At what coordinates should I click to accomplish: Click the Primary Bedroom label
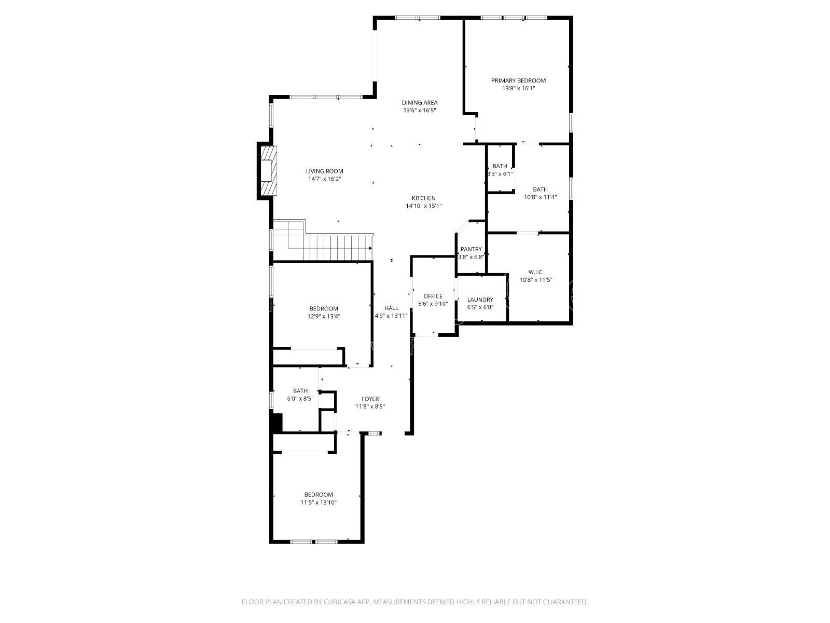click(x=518, y=80)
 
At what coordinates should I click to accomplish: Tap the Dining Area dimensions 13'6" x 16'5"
click(x=419, y=111)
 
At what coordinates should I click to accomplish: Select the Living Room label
click(x=324, y=171)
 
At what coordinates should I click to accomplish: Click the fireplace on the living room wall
click(x=267, y=170)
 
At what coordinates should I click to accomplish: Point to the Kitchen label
click(x=423, y=198)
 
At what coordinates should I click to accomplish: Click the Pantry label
click(x=471, y=249)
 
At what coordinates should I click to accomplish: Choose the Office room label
click(x=433, y=296)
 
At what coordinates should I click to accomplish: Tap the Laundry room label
click(x=480, y=300)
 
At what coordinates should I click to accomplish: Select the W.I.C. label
click(x=536, y=272)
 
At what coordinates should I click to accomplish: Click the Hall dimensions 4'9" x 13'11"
click(x=391, y=316)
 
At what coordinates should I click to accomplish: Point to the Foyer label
click(x=370, y=399)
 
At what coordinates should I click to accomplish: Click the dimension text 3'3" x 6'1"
click(x=500, y=174)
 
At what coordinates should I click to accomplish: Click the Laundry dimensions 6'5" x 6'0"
click(x=480, y=307)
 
